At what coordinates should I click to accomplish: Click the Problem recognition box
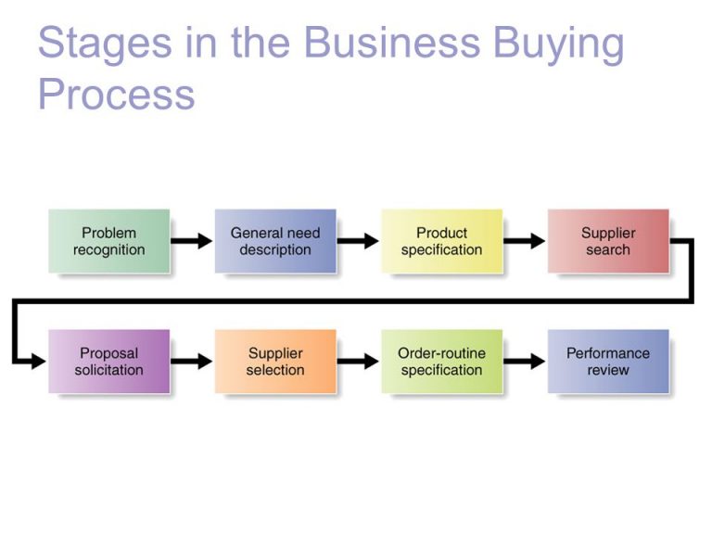109,241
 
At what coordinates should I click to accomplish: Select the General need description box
275,241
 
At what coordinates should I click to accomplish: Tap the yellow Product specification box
441,241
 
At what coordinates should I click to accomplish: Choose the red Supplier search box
607,241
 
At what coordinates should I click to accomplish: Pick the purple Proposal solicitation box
109,362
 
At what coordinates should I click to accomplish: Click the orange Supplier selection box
275,362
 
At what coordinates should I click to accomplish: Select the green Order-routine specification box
441,362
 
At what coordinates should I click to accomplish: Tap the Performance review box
607,362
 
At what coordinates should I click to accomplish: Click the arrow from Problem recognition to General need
192,241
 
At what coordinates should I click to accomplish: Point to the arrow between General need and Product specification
358,241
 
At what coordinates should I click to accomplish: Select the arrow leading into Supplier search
525,241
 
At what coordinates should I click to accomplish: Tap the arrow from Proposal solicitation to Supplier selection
192,362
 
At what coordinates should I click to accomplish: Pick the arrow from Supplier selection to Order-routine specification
358,362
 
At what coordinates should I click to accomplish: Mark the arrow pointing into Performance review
525,362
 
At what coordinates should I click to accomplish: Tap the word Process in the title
117,94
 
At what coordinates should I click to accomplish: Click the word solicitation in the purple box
109,370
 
